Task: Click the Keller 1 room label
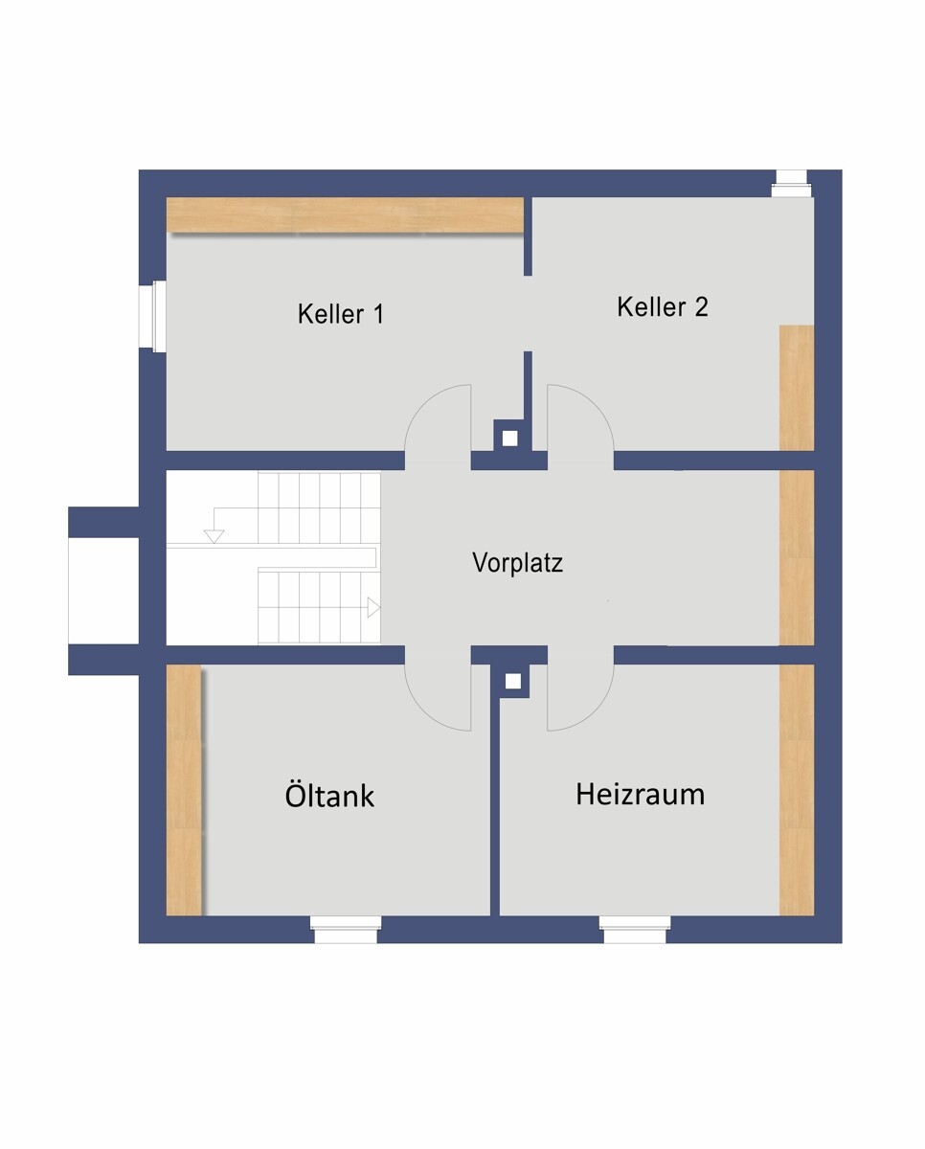coord(340,313)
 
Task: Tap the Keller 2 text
coord(663,306)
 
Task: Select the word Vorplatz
coord(517,563)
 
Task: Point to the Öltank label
coord(329,796)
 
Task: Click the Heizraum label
coord(640,794)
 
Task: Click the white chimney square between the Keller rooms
coord(510,438)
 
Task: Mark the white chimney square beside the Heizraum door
coord(513,681)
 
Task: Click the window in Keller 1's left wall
coord(153,315)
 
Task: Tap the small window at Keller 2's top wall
coord(791,184)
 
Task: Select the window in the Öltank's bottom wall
coord(346,929)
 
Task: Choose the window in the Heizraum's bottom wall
coord(634,929)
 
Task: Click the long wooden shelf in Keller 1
coord(345,214)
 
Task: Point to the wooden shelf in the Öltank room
coord(184,790)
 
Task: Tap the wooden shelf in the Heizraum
coord(796,790)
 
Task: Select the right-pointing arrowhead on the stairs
coord(373,608)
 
